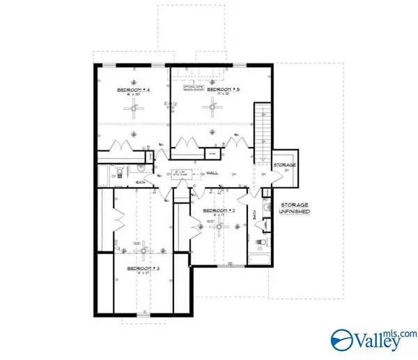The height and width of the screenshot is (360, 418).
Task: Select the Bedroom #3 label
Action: (x=144, y=268)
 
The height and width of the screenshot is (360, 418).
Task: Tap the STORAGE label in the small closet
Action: (x=284, y=165)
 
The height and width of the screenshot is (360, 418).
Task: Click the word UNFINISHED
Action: (x=295, y=211)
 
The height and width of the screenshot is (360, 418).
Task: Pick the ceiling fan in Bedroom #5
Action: (x=209, y=107)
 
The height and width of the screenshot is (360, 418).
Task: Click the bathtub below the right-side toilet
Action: (x=260, y=261)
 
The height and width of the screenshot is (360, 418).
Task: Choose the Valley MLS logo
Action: (x=371, y=340)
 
